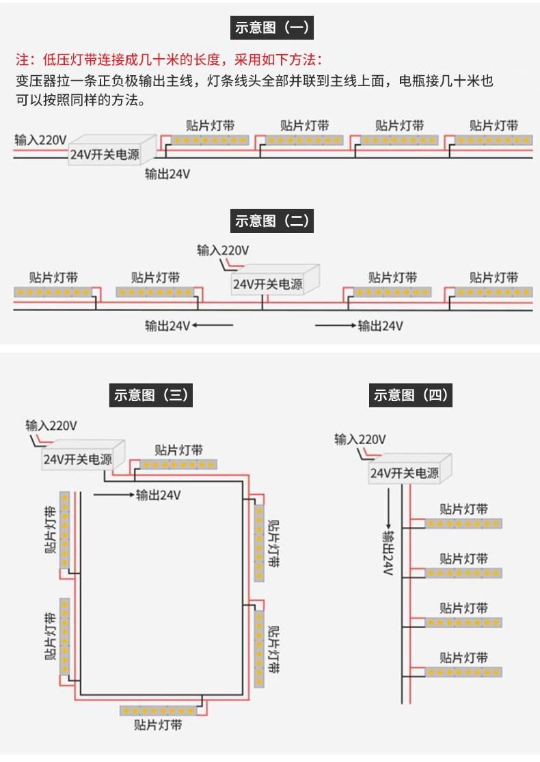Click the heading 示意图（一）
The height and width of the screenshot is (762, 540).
(x=271, y=27)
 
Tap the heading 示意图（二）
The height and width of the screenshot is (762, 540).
(x=271, y=221)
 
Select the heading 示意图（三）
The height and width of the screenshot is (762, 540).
(x=150, y=394)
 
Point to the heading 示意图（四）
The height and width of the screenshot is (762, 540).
(x=411, y=394)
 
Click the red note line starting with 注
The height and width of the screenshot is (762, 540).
(x=169, y=59)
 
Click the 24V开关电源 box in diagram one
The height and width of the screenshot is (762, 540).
(x=112, y=150)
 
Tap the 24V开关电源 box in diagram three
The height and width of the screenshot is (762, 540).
(x=83, y=455)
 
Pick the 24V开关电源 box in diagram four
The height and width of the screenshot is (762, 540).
(x=410, y=469)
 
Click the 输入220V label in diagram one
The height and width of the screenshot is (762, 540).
(x=40, y=140)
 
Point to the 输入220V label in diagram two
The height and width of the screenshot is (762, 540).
(x=223, y=250)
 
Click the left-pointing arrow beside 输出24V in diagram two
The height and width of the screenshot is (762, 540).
(x=213, y=325)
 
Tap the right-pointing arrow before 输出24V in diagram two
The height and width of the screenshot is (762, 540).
(x=336, y=325)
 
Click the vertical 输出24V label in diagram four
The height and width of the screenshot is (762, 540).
(x=388, y=554)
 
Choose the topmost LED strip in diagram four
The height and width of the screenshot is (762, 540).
(x=463, y=523)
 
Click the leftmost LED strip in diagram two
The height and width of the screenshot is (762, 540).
(x=53, y=292)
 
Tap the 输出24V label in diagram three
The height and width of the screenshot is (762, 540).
(x=159, y=495)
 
